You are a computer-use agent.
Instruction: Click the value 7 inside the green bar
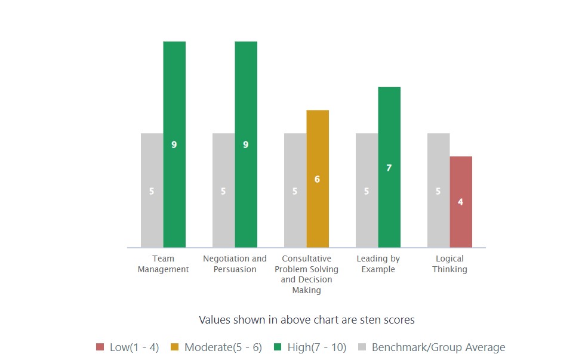click(389, 168)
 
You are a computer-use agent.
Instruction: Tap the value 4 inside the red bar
click(461, 202)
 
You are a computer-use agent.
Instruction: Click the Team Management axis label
click(163, 264)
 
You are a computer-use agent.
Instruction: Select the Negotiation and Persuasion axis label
click(235, 264)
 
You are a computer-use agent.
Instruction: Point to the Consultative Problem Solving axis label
click(306, 275)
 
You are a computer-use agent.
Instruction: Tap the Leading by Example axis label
click(378, 264)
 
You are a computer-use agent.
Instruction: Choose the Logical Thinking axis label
click(449, 264)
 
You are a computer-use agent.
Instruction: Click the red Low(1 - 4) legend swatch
click(100, 347)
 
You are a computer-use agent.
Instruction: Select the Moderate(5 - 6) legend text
click(223, 347)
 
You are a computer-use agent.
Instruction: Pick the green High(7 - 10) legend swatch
click(277, 347)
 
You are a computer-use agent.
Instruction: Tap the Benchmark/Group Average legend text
click(438, 347)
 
